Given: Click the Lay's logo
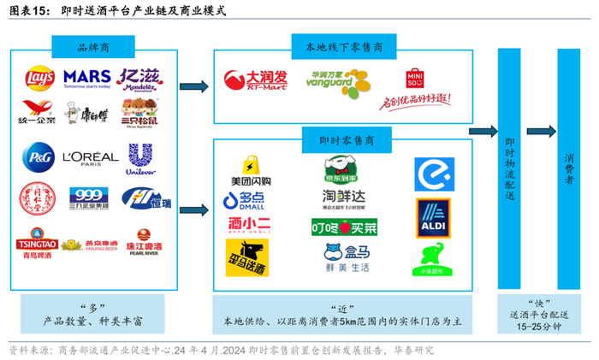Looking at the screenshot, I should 39,80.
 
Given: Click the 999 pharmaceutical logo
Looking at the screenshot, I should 89,195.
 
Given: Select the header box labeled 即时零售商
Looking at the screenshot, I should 346,137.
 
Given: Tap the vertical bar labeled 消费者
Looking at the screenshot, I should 569,167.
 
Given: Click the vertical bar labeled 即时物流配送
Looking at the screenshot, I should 511,167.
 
